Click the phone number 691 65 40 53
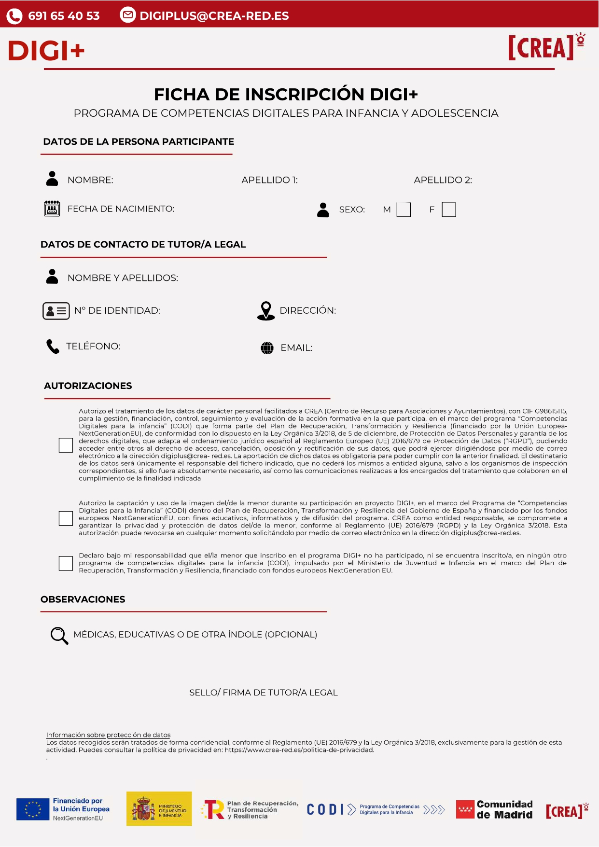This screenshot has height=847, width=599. click(x=64, y=16)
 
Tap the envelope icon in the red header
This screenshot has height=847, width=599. click(x=127, y=15)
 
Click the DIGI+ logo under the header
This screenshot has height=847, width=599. click(x=46, y=51)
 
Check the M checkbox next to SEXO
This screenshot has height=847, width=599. click(x=404, y=210)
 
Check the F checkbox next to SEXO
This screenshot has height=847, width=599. click(x=449, y=210)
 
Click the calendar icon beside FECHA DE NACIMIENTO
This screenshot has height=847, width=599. click(x=52, y=209)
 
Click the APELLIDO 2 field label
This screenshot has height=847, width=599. click(x=443, y=180)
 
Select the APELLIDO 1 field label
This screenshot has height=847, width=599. click(x=269, y=180)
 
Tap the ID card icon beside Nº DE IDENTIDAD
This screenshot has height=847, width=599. click(x=56, y=311)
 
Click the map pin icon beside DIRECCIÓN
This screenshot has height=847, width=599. click(x=266, y=311)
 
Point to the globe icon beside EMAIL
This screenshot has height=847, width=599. click(x=267, y=348)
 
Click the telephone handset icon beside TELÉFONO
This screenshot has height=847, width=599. click(x=53, y=347)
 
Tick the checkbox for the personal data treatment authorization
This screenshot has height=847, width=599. click(x=66, y=445)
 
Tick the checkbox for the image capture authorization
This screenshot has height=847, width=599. click(x=66, y=518)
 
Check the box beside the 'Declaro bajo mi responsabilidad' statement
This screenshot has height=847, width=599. click(x=66, y=563)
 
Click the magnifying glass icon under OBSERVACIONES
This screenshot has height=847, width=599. click(x=59, y=636)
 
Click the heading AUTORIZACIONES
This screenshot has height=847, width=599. click(x=88, y=386)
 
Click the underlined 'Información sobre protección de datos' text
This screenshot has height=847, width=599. click(x=108, y=735)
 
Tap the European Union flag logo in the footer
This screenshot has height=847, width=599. click(x=33, y=809)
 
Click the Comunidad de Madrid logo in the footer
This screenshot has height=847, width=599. click(x=494, y=809)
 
